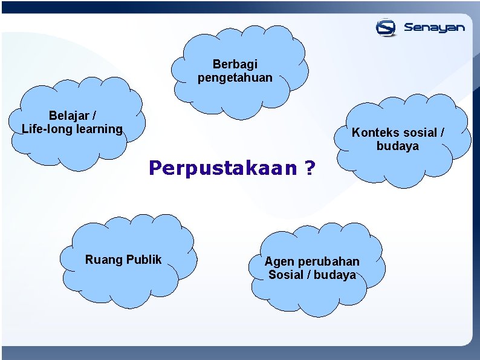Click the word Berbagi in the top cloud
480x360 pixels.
235,64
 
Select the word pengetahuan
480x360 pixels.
235,77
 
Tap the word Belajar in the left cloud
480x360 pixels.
68,115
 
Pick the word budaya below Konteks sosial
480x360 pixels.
397,146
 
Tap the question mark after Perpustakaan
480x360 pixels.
310,168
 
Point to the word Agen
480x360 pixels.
279,261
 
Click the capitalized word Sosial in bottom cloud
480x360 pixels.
286,275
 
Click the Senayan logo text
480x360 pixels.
434,28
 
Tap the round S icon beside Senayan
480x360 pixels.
386,27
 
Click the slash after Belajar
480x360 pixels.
94,115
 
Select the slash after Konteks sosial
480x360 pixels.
442,133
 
